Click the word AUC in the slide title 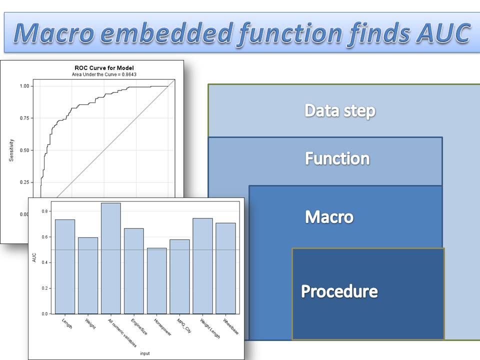point(443,32)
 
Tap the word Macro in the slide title point(54,32)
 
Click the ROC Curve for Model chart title point(104,68)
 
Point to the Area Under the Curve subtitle point(104,74)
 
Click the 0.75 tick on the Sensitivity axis point(24,118)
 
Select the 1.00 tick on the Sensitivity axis point(24,86)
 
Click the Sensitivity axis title point(11,150)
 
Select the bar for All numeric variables point(111,258)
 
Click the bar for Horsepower point(156,281)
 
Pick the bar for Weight point(88,275)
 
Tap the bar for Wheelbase point(225,268)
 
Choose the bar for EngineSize point(134,271)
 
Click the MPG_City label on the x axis point(184,325)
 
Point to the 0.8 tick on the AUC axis point(44,211)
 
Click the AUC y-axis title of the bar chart point(34,257)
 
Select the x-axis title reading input point(145,353)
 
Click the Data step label point(340,110)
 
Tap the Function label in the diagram point(337,158)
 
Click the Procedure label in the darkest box point(339,291)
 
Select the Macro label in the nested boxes point(329,217)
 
